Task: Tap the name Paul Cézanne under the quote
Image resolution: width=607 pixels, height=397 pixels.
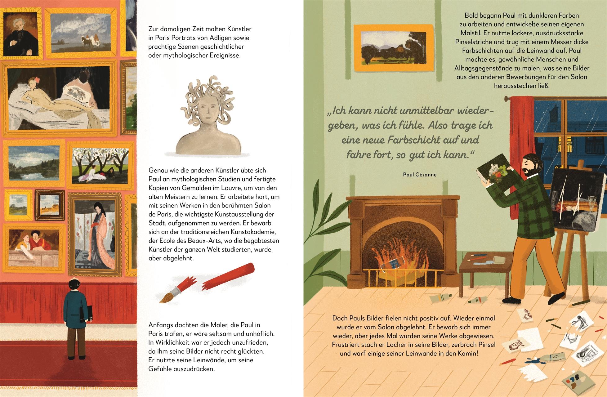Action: tap(420, 175)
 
